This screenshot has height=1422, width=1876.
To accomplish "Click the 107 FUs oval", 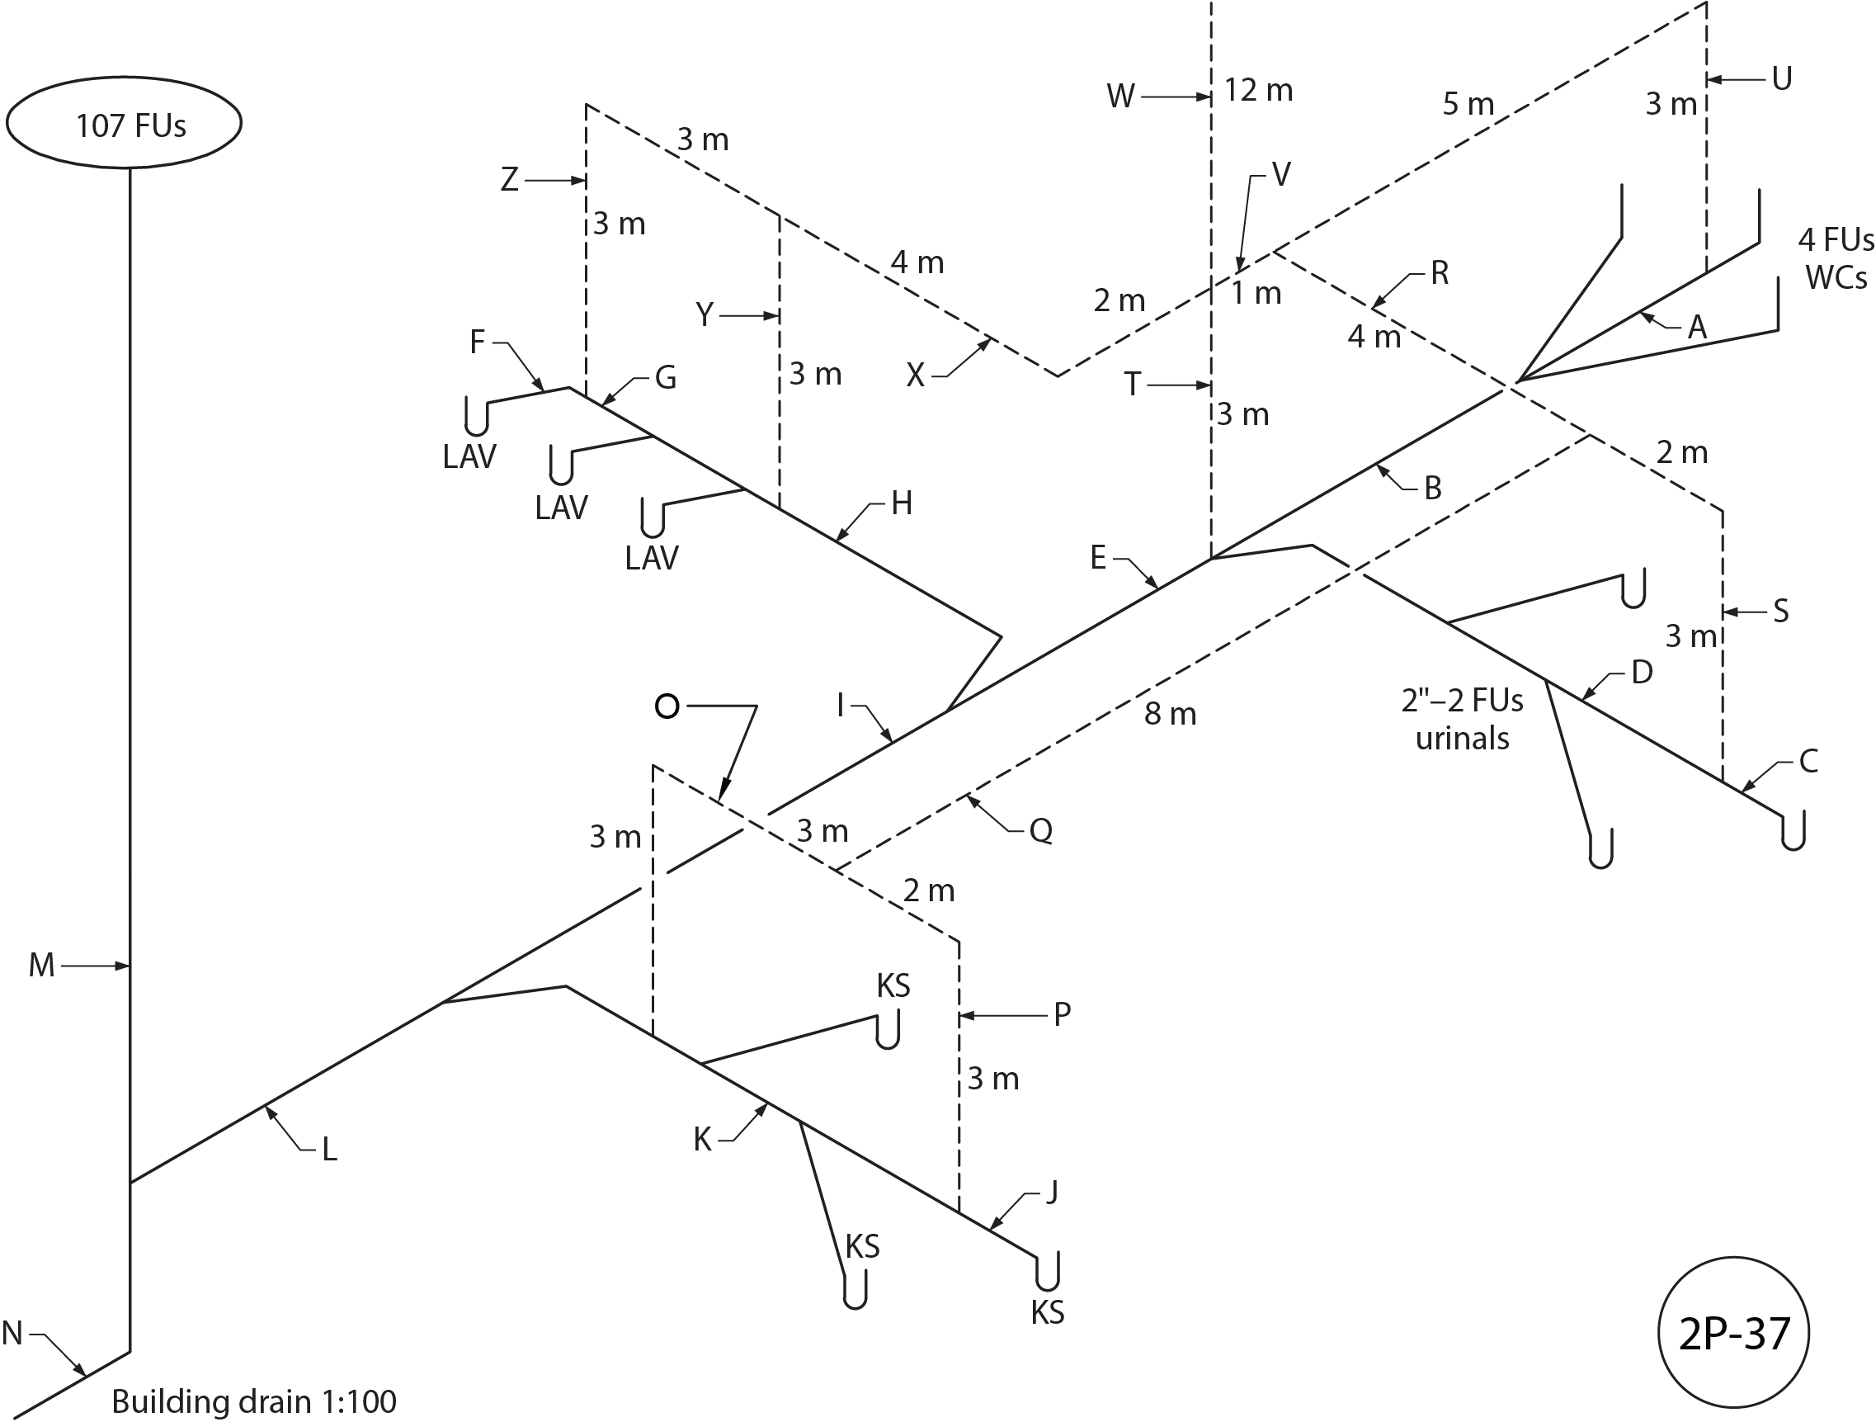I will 124,123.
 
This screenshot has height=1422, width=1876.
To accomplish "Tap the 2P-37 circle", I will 1733,1334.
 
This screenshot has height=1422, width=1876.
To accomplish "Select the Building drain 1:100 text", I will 253,1401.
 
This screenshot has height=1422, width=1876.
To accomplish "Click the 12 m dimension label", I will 1259,91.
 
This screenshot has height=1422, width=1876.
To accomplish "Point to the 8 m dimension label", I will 1170,715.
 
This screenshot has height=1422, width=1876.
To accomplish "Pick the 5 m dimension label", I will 1468,104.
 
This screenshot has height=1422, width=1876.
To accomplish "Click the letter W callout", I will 1120,97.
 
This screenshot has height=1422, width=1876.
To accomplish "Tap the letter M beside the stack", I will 41,966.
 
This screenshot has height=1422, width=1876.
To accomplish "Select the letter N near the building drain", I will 12,1333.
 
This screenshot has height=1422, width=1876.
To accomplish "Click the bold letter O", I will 667,706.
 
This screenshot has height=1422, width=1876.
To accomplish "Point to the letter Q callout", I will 1040,829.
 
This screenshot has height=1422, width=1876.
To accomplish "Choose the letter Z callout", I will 509,180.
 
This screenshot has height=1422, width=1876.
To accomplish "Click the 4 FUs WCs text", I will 1836,258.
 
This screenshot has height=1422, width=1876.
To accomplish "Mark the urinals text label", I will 1462,738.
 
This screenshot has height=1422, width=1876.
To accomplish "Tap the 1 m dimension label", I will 1256,294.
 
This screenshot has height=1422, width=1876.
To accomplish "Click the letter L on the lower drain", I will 329,1150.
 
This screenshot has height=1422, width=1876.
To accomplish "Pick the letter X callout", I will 914,375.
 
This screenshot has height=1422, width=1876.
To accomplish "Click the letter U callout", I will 1781,79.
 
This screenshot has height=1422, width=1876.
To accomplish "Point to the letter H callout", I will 902,504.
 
